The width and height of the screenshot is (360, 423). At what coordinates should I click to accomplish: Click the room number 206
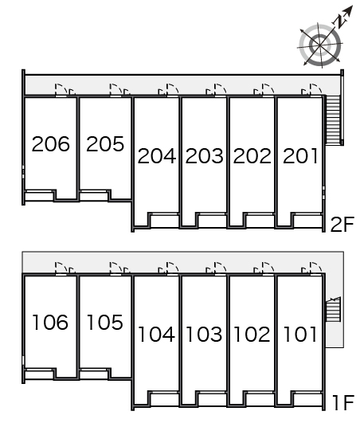[51, 143]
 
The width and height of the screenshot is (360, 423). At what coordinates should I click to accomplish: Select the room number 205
[105, 143]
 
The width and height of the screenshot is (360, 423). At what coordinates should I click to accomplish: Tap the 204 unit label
[157, 156]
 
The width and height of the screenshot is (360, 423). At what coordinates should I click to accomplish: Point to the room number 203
[205, 156]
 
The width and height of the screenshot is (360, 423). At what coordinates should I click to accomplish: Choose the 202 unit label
[252, 156]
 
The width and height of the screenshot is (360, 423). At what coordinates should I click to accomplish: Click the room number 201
[299, 156]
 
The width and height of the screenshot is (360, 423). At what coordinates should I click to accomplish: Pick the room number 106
[50, 322]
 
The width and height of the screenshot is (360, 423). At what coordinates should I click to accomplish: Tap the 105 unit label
[105, 322]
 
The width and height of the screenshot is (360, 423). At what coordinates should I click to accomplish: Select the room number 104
[156, 335]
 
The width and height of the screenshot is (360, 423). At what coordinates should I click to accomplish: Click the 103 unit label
[204, 335]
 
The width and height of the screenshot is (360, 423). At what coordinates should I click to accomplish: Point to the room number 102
[252, 335]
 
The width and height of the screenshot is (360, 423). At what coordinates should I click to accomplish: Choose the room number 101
[299, 335]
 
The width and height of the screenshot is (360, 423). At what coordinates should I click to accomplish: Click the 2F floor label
[342, 224]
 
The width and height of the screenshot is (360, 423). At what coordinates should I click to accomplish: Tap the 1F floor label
[343, 402]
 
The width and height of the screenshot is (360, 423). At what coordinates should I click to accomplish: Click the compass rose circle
[320, 45]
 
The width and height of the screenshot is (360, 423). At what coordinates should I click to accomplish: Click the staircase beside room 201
[333, 120]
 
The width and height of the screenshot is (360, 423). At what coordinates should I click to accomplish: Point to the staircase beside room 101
[333, 309]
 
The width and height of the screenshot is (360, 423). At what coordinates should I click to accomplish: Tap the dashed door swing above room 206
[61, 89]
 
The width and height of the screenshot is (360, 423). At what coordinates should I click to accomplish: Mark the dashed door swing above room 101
[315, 268]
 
